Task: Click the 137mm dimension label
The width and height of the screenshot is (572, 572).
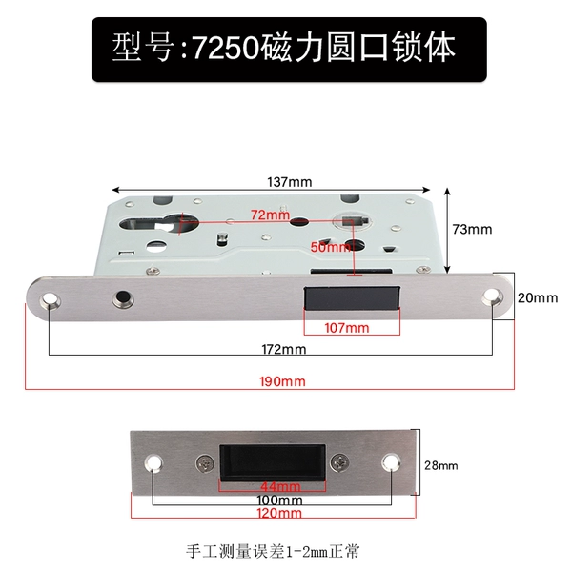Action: [x=290, y=182]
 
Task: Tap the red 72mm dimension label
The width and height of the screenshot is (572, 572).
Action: [x=271, y=214]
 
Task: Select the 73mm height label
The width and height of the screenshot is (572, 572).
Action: [x=472, y=229]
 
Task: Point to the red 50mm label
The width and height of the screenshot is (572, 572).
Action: [x=330, y=247]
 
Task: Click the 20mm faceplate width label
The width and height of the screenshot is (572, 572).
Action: [x=538, y=298]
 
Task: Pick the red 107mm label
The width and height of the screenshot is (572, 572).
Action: [x=347, y=328]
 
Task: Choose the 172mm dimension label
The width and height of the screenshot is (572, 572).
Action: [x=284, y=350]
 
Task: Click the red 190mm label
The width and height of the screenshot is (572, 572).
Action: [x=282, y=381]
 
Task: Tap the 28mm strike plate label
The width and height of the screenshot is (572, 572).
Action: [x=440, y=465]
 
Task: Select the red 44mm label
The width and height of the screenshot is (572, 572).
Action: [x=280, y=486]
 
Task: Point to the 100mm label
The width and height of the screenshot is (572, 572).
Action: [x=279, y=500]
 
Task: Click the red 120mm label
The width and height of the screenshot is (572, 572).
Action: [x=279, y=513]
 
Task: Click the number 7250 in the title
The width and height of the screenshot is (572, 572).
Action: [x=226, y=49]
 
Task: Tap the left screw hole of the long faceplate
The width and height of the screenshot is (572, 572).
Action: [x=50, y=300]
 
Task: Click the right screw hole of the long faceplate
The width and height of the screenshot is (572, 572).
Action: [x=492, y=296]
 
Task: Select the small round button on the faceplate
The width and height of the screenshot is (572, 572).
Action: [x=123, y=298]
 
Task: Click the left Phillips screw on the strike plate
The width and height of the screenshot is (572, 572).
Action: [x=206, y=463]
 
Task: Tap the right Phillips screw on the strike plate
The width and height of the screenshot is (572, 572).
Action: [x=339, y=462]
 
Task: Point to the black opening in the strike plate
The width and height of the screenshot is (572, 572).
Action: [x=272, y=462]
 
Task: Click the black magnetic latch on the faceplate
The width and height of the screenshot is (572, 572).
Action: [x=352, y=298]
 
